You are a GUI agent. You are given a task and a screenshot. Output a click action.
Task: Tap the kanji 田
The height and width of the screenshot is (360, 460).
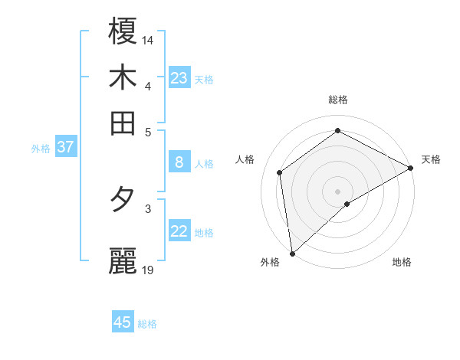[123, 123]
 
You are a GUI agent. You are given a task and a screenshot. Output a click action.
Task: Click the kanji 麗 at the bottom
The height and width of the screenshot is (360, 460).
[123, 260]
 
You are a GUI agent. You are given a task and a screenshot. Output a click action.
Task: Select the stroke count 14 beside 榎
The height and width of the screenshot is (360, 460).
[148, 39]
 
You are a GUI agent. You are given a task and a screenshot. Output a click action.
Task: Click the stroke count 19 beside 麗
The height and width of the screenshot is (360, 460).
[148, 270]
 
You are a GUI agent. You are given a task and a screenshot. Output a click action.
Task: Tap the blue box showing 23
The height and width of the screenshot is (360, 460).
[179, 77]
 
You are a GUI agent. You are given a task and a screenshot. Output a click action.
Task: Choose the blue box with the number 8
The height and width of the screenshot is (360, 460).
[179, 162]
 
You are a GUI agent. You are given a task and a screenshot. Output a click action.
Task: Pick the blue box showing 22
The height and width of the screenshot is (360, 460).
[179, 231]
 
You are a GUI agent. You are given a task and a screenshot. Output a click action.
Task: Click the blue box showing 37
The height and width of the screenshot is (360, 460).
[65, 146]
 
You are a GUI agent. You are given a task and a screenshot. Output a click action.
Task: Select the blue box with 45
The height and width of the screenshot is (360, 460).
[123, 322]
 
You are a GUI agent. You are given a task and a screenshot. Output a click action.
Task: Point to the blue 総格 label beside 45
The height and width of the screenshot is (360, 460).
[148, 324]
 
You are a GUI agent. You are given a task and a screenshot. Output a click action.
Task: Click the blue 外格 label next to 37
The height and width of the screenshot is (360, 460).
[41, 149]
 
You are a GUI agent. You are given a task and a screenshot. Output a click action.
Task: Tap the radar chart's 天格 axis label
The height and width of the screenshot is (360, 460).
[431, 159]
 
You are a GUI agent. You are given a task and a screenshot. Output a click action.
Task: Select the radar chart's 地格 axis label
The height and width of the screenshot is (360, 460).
[402, 262]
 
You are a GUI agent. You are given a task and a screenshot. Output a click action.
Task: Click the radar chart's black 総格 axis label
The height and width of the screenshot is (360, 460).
[338, 100]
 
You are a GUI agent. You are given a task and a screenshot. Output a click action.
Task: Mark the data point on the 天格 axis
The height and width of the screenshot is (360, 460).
[410, 168]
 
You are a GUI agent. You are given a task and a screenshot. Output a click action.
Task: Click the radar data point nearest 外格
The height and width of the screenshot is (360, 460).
[292, 254]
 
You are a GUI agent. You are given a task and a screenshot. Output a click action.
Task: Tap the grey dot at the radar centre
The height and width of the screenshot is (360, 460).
[338, 191]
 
